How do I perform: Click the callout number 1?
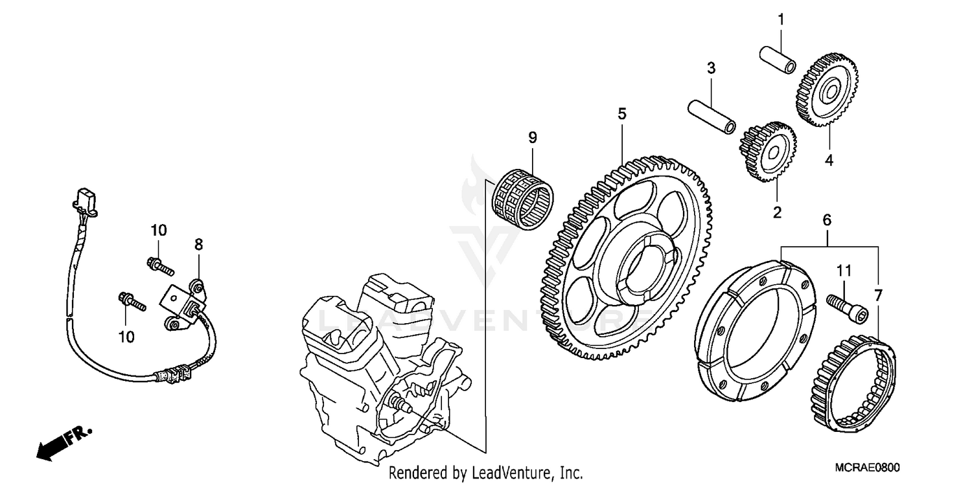coord(781,19)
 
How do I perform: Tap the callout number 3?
coord(711,67)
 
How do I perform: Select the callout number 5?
coord(621,114)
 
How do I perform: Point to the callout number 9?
coord(532,137)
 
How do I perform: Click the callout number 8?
coord(199,244)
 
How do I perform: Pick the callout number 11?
coord(844,270)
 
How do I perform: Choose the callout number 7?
coord(878,296)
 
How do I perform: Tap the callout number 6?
coord(827,220)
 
